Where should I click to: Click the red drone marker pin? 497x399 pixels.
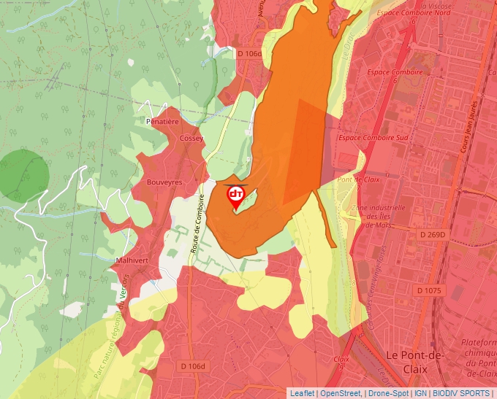tap(236, 196)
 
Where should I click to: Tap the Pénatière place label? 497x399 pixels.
tap(162, 122)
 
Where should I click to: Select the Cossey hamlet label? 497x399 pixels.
tap(191, 138)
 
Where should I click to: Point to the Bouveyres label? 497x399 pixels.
tap(164, 182)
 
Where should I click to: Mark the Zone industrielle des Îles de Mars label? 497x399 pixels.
tap(380, 217)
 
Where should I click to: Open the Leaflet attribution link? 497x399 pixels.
tap(302, 393)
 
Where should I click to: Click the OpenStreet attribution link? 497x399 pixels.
tap(341, 393)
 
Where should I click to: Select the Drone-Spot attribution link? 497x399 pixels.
tap(388, 393)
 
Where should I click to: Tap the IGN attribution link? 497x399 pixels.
tap(420, 393)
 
